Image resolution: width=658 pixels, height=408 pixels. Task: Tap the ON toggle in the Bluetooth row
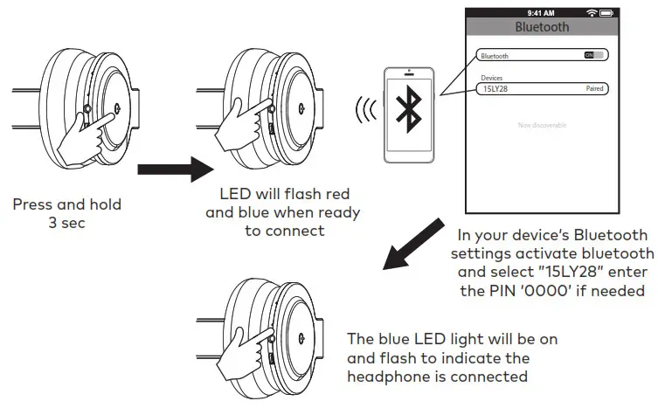click(x=594, y=55)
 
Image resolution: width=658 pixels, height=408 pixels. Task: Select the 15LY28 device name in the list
click(x=497, y=89)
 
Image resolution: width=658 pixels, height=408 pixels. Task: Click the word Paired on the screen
click(x=594, y=89)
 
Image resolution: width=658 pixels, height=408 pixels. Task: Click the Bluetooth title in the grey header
click(x=542, y=27)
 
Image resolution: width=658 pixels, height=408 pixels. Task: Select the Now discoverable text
click(x=542, y=126)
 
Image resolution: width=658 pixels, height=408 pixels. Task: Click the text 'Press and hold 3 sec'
click(x=67, y=213)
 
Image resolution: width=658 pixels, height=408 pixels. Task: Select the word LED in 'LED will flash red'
click(x=234, y=197)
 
